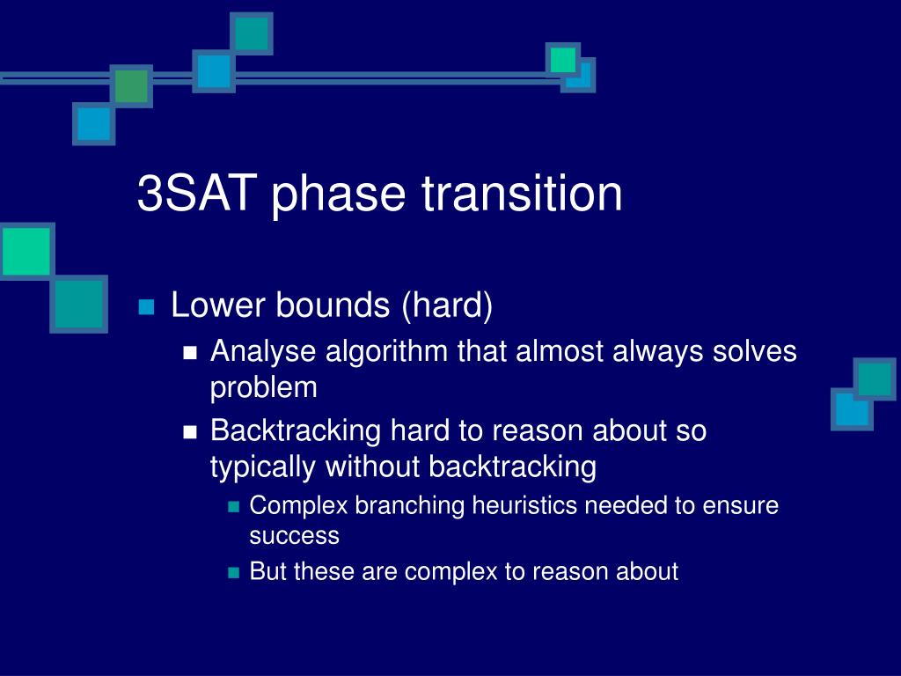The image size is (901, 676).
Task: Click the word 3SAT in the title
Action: pos(196,193)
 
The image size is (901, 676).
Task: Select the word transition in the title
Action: pos(522,193)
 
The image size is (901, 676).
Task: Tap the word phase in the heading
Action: pos(339,195)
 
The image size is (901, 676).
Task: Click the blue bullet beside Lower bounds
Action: pos(147,306)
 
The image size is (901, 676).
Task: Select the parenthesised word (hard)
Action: pos(447,305)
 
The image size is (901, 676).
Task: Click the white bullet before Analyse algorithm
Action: pos(190,352)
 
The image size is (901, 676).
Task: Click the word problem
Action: pos(264,388)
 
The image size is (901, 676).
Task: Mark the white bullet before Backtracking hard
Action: pos(190,431)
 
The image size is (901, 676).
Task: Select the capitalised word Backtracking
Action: pos(296,431)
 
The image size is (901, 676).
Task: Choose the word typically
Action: pos(262,467)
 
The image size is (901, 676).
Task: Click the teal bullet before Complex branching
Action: pos(233,506)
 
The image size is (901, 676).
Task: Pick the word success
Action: pos(294,536)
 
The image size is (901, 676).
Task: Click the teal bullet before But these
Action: pos(233,572)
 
